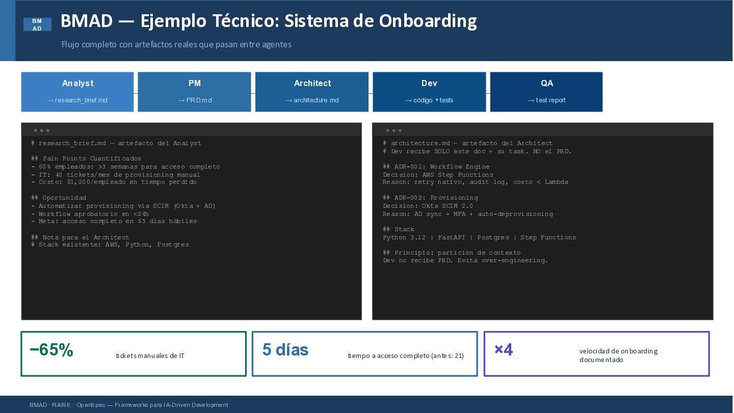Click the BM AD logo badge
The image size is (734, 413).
(37, 24)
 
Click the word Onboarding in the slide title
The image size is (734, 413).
(428, 21)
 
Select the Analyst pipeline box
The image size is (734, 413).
(77, 92)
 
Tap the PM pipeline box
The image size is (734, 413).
(194, 92)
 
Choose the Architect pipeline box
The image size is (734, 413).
(312, 92)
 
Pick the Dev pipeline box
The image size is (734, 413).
(429, 92)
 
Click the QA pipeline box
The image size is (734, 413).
(546, 92)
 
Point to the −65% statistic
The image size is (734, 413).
(51, 349)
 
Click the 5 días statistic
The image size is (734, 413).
(285, 349)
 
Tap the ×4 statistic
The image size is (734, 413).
(504, 349)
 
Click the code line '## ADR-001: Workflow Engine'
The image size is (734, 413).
(436, 167)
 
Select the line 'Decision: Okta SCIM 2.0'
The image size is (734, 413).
(428, 206)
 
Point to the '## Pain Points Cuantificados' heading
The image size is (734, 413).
(86, 159)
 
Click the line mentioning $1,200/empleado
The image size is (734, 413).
(114, 182)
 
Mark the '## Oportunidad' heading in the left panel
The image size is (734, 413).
(59, 198)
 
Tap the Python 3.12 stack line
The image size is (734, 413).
(479, 237)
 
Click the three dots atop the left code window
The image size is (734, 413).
(42, 130)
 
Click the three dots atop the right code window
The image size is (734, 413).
(394, 130)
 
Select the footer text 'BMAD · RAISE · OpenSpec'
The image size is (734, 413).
(67, 405)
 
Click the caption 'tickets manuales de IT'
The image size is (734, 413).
(150, 356)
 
